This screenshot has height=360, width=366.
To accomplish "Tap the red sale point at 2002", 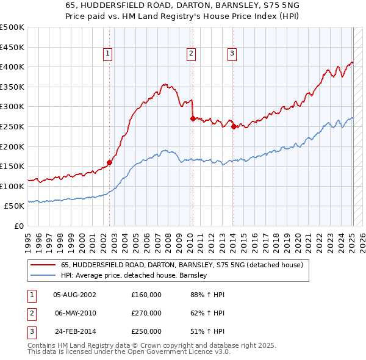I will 110,162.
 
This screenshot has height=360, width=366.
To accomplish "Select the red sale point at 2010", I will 193,118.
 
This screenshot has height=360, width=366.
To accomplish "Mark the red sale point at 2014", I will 234,126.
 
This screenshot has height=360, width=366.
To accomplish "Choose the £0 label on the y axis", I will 18,226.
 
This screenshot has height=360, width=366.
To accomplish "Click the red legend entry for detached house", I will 178,265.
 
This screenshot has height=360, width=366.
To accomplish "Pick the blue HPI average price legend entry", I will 135,275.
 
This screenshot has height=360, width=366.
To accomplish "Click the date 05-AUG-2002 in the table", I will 75,295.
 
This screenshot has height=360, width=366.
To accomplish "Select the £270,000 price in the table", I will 146,313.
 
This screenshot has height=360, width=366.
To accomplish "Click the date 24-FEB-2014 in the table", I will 75,331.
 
